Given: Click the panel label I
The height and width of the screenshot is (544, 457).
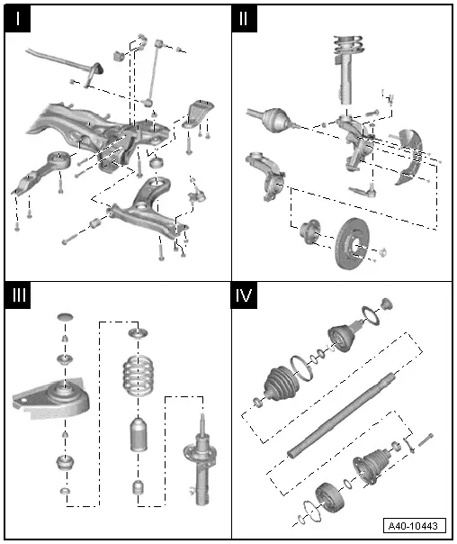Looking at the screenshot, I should point(17,19).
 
